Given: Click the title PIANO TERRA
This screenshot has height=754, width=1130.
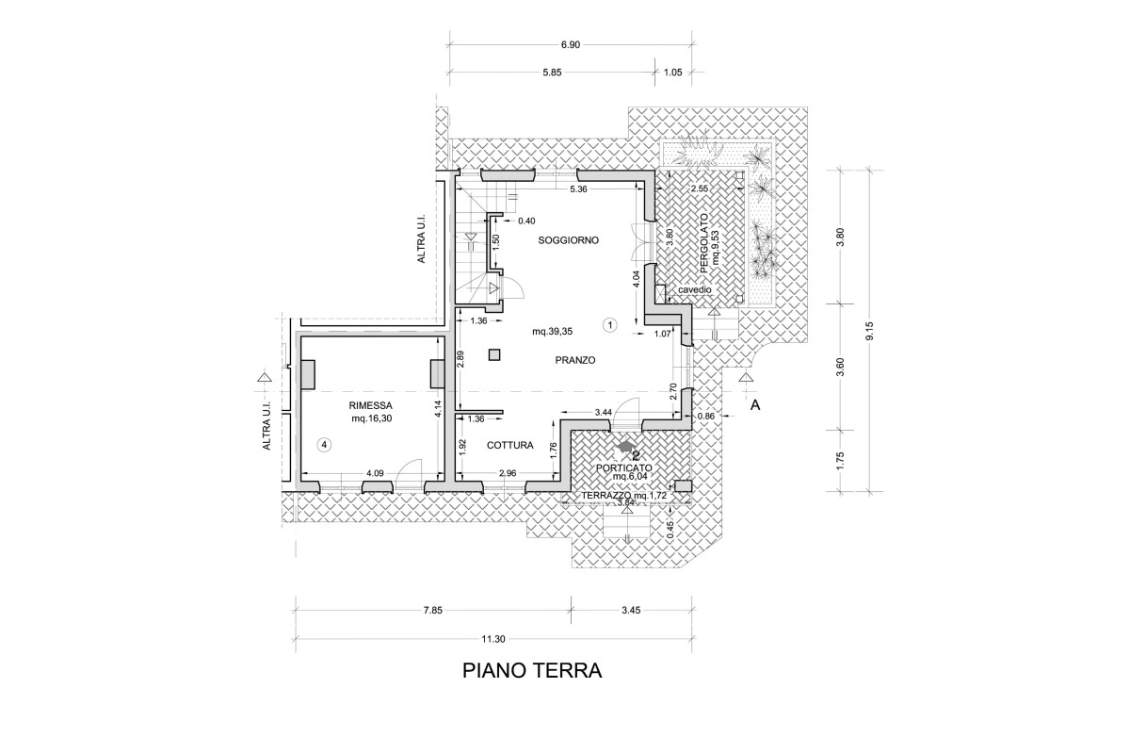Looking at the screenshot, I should point(532,671).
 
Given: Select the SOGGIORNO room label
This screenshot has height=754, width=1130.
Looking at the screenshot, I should point(568,240).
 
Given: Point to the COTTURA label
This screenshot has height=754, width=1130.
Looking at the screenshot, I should point(511,445).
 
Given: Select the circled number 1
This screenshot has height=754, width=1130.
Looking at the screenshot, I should point(609,325).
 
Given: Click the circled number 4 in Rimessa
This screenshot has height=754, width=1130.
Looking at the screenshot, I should point(324,443).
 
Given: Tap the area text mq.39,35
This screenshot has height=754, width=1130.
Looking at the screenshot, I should point(552,331).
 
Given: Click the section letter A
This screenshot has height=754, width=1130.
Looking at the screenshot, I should point(754,405).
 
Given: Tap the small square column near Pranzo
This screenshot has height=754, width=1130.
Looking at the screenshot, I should point(494,354).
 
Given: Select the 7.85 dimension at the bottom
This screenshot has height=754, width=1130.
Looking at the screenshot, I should point(432,611).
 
